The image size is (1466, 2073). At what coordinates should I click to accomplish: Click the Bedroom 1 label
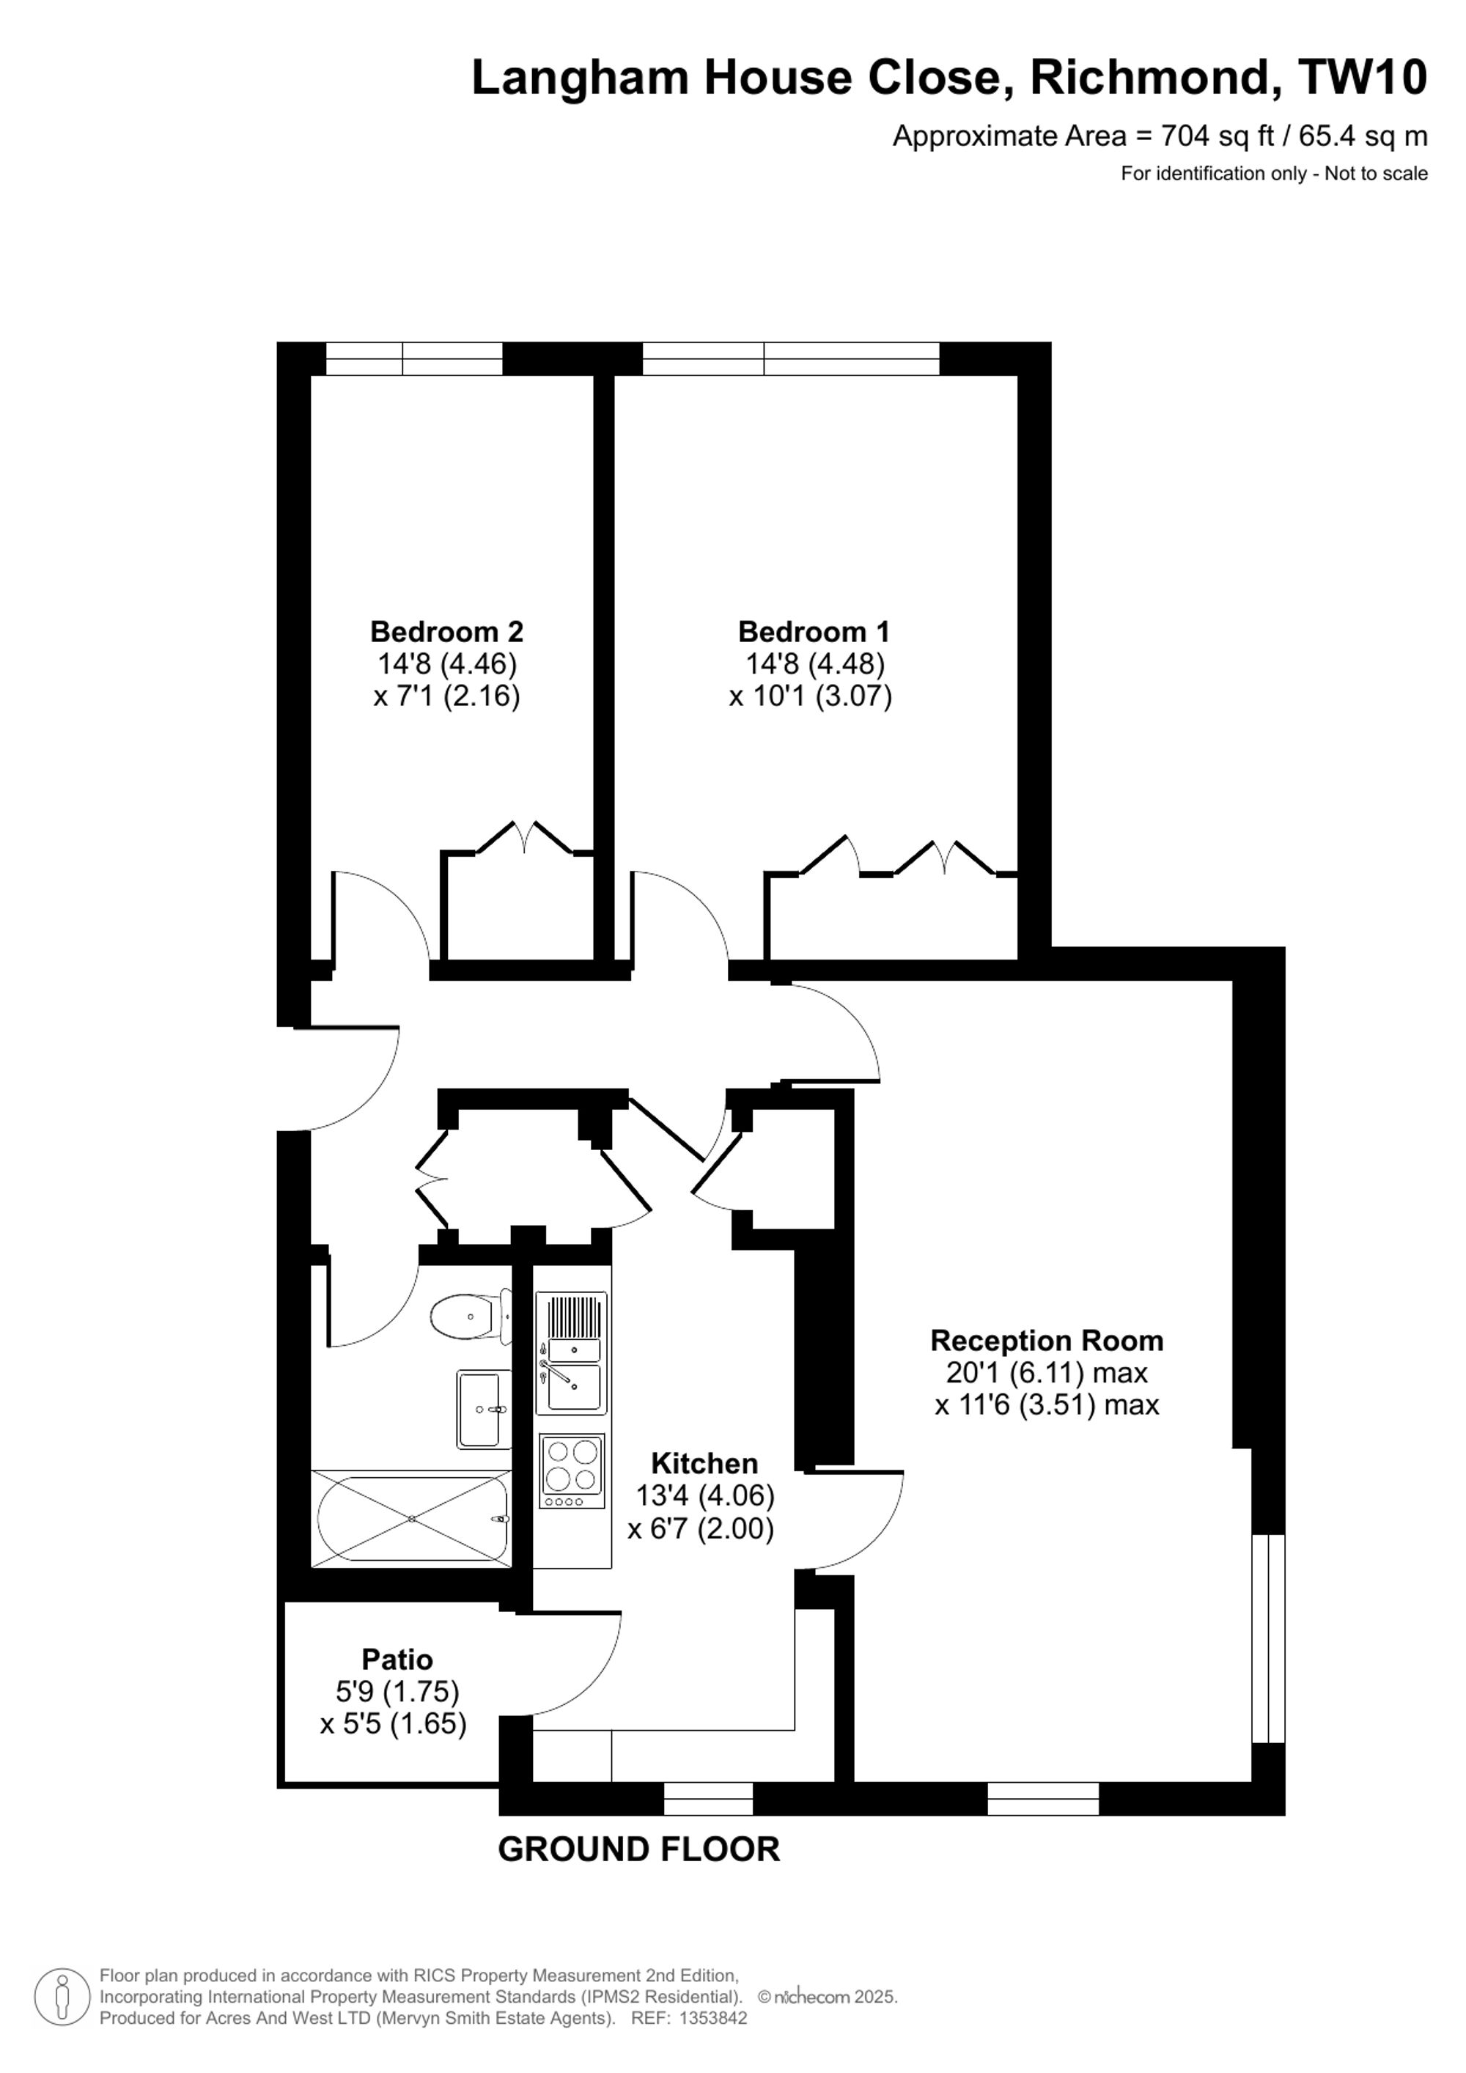coord(814,631)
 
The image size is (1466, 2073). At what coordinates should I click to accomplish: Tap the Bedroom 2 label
coord(447,631)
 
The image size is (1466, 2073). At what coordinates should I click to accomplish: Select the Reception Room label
coord(1047,1340)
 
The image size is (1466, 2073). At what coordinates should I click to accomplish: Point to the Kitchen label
coord(705,1462)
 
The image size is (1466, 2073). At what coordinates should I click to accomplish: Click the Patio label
coord(397,1660)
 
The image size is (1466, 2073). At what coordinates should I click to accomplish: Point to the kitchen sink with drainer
coord(572,1352)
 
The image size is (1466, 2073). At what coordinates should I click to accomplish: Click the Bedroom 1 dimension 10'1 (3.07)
coord(811,696)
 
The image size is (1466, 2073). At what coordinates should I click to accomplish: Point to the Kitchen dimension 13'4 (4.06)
coord(705,1496)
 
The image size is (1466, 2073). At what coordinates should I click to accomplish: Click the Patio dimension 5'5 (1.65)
coord(394,1725)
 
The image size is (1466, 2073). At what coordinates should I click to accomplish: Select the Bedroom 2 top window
coord(414,358)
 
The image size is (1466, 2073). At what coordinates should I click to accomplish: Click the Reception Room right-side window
coord(1268,1639)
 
